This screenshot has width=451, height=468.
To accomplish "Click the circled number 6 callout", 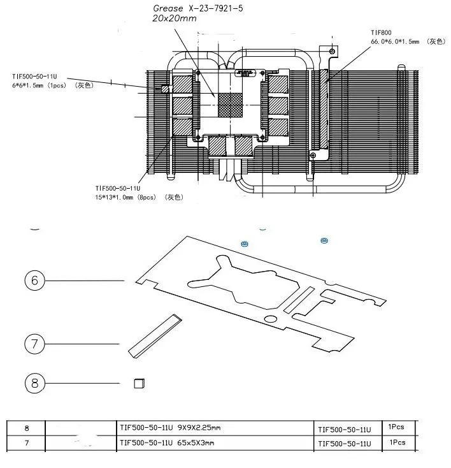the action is pos(34,281).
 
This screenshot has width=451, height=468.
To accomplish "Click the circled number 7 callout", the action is pos(34,344).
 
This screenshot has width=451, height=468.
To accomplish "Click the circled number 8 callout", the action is pos(34,383).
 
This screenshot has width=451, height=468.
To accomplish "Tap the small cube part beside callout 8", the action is pos(140,383).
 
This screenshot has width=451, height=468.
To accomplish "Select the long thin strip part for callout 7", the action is pos(155,336).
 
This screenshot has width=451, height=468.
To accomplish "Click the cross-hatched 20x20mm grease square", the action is pos(230,105).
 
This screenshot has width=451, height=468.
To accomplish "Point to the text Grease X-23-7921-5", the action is pos(198,8).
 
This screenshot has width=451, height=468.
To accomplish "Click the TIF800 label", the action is pos(381,33).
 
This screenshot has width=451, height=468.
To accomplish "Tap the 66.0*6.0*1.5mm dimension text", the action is pos(395,41).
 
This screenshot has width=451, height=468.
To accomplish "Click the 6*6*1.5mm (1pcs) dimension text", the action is pos(39,85).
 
